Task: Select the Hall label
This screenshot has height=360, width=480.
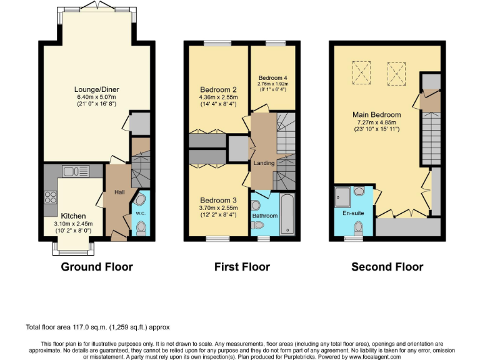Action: click(x=119, y=191)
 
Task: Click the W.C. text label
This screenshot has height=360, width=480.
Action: click(x=141, y=212)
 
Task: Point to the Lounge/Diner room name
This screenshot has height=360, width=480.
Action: click(x=96, y=89)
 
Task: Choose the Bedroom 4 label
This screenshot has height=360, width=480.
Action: click(x=273, y=77)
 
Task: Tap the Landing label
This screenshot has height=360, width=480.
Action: click(x=264, y=163)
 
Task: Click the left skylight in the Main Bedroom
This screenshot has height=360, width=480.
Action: click(x=361, y=73)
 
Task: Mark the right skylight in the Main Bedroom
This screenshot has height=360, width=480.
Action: click(x=395, y=73)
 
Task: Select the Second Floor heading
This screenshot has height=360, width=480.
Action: click(x=387, y=267)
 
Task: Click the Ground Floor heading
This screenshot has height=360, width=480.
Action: click(x=96, y=267)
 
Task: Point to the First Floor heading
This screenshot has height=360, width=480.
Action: click(x=242, y=267)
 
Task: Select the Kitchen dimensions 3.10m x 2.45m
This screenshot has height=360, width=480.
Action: click(x=74, y=223)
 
